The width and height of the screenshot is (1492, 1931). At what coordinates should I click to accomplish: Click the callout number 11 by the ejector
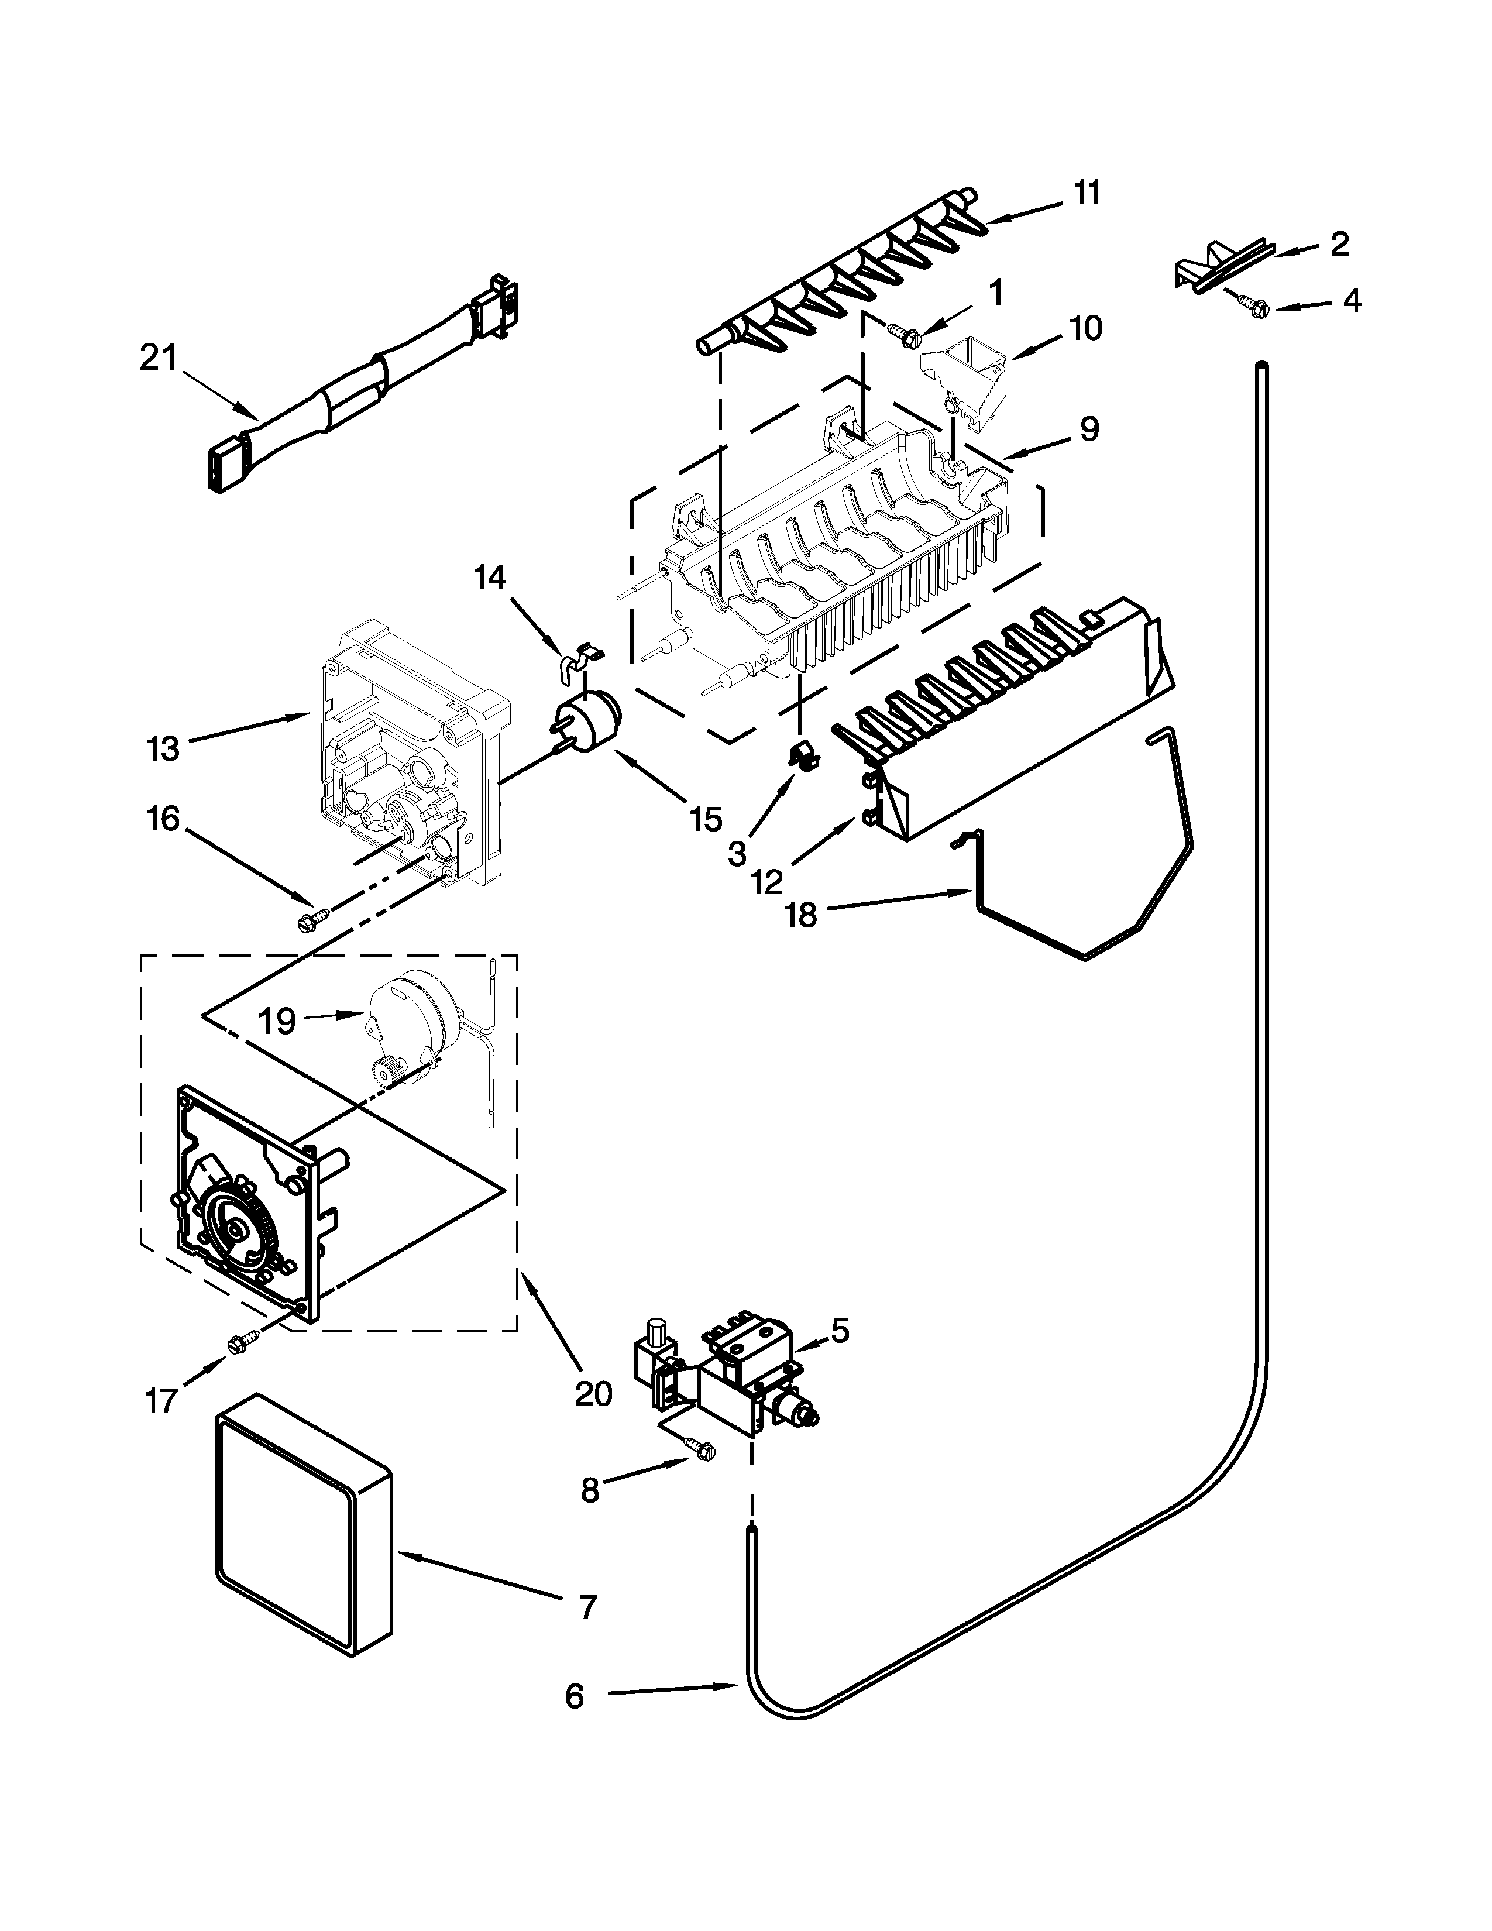[x=1087, y=192]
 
